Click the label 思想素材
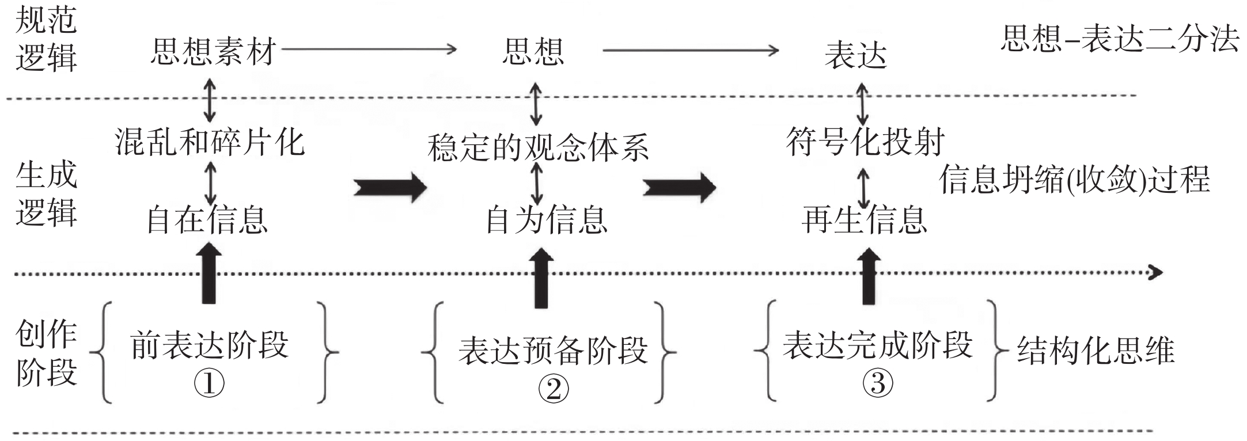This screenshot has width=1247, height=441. pos(214,52)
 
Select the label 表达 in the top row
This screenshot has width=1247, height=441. pos(856,56)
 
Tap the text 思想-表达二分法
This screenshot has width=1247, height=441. pos(1119,39)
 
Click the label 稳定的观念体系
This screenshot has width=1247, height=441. pos(538,147)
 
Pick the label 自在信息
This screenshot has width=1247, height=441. pos(207,219)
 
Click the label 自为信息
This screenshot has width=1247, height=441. pos(546,219)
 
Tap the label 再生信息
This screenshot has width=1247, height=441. pos(864,219)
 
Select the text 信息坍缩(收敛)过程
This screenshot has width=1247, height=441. pos(1075,180)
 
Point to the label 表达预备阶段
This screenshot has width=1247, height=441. pos(553,351)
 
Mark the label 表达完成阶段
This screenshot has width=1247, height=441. pos(877,345)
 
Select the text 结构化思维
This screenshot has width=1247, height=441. pos(1096,351)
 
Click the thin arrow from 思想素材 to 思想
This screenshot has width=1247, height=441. pos(369,50)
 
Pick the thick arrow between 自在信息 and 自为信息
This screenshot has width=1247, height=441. pos(389,187)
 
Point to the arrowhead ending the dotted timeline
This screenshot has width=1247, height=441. pos(1154,272)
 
